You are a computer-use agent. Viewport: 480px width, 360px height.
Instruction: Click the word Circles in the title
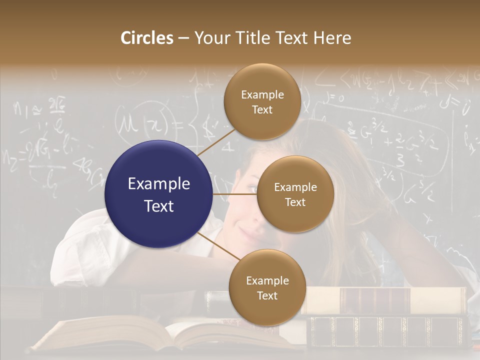tap(147, 38)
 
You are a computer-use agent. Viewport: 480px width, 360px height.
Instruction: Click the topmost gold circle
tap(262, 102)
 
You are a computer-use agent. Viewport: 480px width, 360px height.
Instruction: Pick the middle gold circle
tap(295, 194)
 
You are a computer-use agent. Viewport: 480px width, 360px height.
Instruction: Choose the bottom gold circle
tap(267, 287)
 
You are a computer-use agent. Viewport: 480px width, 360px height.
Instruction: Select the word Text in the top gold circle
tap(262, 110)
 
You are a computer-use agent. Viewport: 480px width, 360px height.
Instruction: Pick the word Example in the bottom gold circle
tap(267, 280)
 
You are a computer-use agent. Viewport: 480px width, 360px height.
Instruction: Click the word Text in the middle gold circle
tap(295, 202)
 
